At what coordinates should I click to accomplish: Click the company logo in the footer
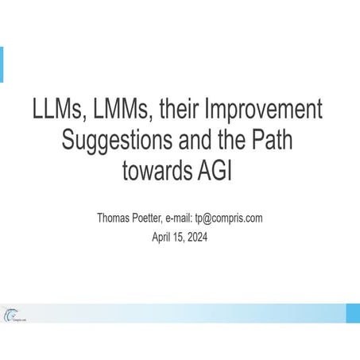(x=13, y=315)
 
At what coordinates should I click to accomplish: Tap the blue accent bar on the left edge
(x=2, y=64)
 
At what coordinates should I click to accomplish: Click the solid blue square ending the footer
(x=352, y=313)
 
